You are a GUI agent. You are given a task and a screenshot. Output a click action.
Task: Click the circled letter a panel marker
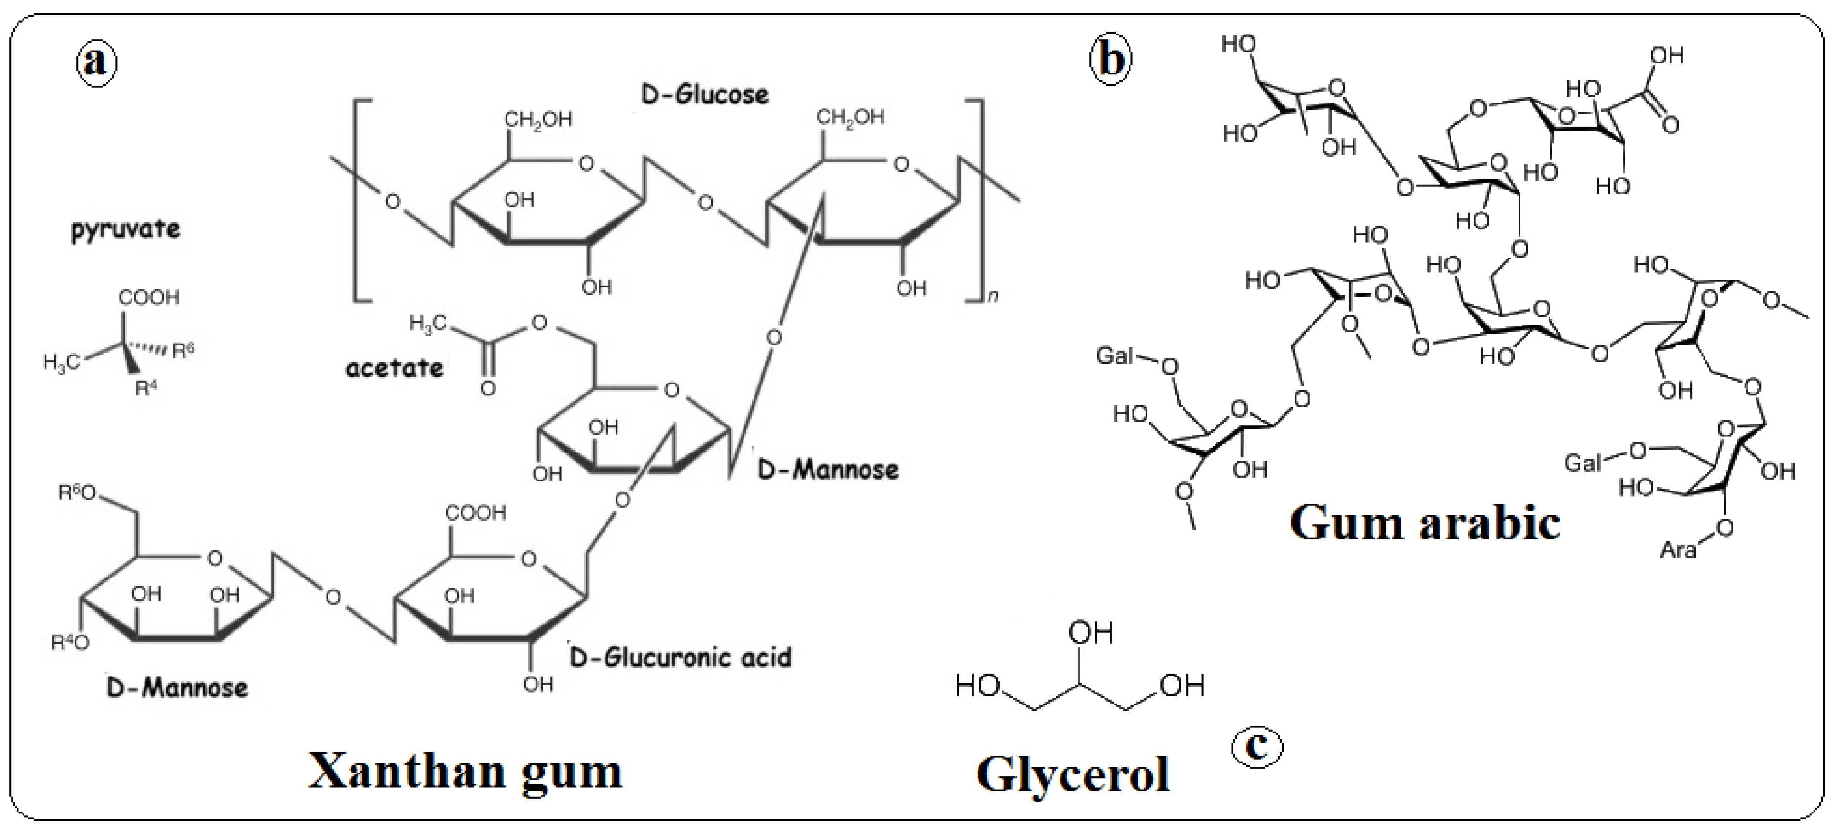pos(96,62)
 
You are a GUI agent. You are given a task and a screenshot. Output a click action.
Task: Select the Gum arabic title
pos(1424,524)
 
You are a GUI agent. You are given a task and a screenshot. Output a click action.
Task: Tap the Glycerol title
pos(1072,775)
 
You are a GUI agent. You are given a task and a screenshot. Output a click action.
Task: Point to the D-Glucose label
pos(704,95)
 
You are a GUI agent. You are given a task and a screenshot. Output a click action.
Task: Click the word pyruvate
pos(126,229)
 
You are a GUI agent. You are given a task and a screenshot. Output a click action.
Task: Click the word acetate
pos(394,368)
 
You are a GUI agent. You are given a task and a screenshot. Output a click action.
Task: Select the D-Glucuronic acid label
pos(680,657)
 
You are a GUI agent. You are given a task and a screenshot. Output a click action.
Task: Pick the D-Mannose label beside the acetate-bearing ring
pos(827,470)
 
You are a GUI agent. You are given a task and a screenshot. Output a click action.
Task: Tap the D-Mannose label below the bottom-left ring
pos(177,688)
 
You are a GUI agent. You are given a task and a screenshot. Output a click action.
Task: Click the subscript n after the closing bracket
pos(993,295)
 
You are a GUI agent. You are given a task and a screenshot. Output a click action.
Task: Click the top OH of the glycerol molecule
pos(1090,633)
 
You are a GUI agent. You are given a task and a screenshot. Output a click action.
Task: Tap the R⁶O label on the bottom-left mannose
pos(76,493)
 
